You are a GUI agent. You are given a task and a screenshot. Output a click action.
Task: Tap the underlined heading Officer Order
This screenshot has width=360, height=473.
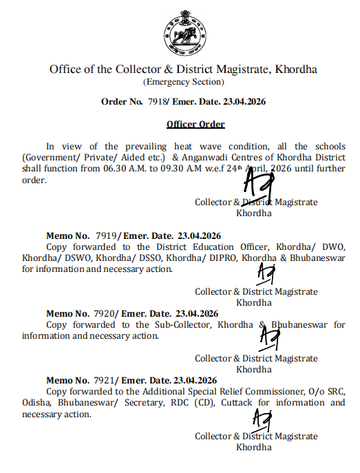pyautogui.click(x=195, y=124)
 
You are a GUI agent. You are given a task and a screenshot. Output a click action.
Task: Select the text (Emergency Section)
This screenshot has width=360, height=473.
pyautogui.click(x=183, y=82)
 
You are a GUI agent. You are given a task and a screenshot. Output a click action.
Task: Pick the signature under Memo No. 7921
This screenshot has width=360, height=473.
pyautogui.click(x=262, y=419)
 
